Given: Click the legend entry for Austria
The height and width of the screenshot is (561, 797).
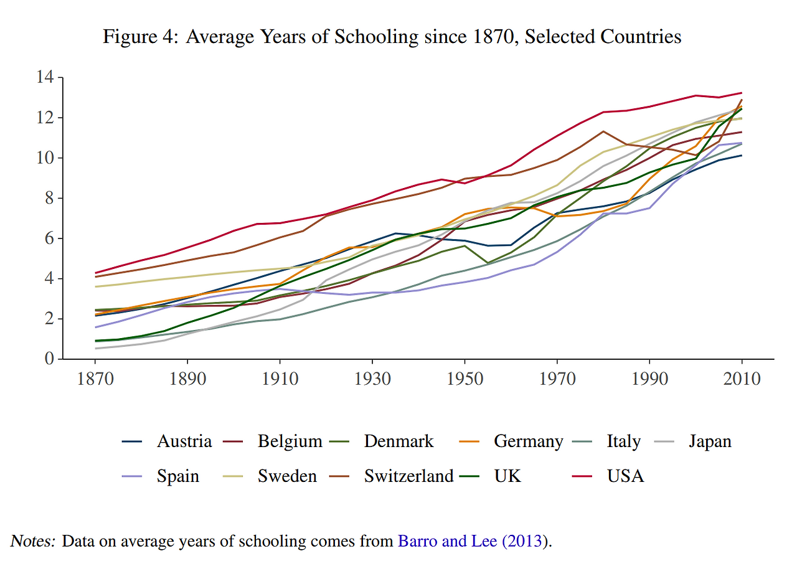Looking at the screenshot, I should coord(184,442).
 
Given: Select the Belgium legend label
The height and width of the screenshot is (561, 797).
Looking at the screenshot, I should coord(290,442).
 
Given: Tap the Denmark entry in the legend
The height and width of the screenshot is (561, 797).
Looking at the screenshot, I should coord(398,442).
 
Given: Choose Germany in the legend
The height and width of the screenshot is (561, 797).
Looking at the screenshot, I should coord(528,442).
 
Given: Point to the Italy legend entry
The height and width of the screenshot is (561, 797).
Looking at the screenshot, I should coord(623,442).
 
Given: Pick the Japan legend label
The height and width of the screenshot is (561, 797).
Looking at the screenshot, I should coord(710,442).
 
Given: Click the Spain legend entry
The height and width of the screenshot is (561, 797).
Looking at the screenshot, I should coord(178,476).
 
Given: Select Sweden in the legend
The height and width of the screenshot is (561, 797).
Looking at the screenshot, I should coord(287,476).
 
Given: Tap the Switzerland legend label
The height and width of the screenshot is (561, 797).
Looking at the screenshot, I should coord(408,476).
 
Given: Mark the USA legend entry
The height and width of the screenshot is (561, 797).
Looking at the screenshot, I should coord(625,476).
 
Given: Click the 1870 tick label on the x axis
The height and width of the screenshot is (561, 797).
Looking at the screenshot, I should coord(95,379).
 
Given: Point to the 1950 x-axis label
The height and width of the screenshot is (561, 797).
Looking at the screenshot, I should coord(464,379).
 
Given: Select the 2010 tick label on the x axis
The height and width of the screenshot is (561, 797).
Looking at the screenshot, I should coord(741,379).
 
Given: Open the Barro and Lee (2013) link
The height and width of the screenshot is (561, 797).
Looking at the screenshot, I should coord(473,541).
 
